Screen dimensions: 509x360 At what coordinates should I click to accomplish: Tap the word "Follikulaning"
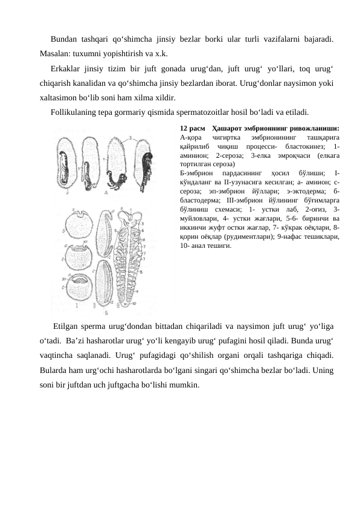pos(76,112)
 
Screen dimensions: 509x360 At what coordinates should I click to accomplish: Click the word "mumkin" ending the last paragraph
pos(184,384)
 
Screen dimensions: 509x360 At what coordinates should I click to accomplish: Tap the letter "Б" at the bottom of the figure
pos(106,313)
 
